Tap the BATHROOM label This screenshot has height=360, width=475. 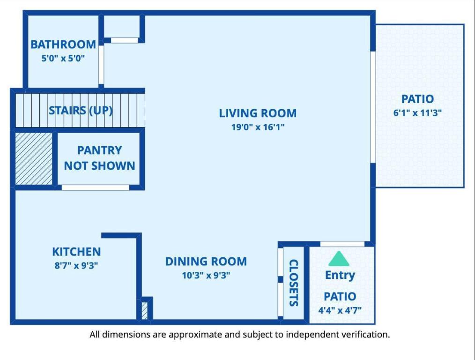click(63, 45)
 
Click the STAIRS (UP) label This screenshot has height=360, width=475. click(81, 111)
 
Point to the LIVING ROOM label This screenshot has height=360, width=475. click(258, 113)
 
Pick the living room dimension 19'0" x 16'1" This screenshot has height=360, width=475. click(258, 127)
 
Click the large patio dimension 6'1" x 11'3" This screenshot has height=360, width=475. click(417, 112)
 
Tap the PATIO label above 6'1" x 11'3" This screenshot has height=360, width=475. click(417, 99)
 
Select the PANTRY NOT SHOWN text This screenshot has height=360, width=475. click(99, 158)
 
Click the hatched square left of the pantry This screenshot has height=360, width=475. click(34, 158)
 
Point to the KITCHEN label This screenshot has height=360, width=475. click(76, 252)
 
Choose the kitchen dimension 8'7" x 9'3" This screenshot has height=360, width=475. click(76, 265)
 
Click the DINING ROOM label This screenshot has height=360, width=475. click(206, 262)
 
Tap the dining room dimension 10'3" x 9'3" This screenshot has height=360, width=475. click(206, 276)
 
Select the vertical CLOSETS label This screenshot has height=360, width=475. click(294, 283)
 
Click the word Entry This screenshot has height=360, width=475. click(340, 275)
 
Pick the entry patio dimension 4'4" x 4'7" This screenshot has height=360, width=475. click(340, 310)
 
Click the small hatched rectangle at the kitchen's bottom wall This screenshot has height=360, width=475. click(145, 311)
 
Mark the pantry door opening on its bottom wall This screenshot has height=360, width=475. click(95, 187)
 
